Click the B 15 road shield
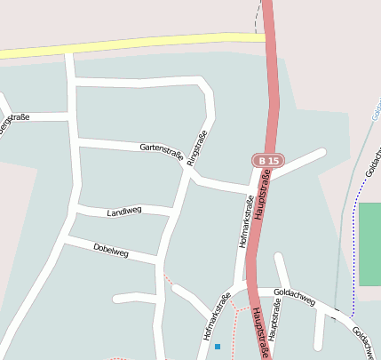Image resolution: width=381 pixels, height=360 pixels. (x=266, y=160)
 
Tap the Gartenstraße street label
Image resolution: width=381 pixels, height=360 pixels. (x=161, y=153)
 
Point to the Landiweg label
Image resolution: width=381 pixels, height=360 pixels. (x=123, y=212)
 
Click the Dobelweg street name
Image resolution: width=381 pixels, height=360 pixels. (x=111, y=251)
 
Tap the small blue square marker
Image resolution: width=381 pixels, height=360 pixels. (x=217, y=346)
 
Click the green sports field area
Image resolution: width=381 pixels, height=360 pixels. (x=369, y=244)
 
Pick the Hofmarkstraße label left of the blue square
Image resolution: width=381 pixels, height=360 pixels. (x=216, y=317)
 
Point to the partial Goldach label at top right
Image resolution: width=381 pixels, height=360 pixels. (x=375, y=116)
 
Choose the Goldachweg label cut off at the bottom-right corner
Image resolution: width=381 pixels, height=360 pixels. (x=366, y=342)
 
